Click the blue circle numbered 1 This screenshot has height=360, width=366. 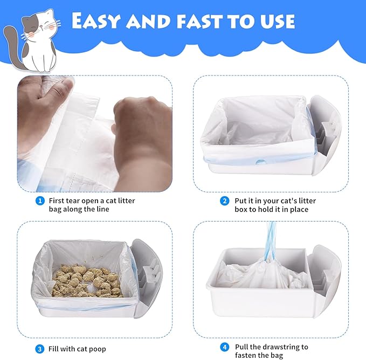coord(39,201)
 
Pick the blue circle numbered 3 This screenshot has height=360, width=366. coord(39,349)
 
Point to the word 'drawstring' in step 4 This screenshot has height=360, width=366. coord(278,347)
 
